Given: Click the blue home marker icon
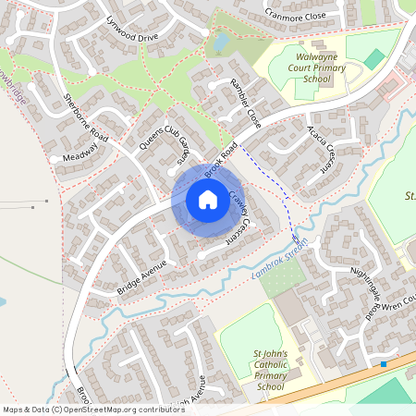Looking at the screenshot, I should point(207,199).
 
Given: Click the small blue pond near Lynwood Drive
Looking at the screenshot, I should point(219,43).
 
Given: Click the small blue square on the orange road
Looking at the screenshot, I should point(384,364).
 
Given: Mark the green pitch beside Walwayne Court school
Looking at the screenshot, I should point(373,59).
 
